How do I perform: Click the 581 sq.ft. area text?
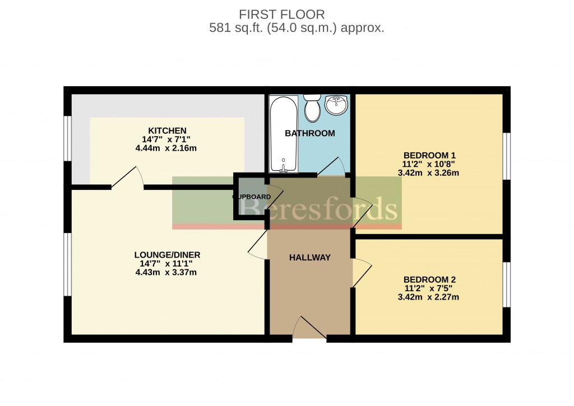point(297,28)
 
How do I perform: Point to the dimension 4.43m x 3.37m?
point(166,273)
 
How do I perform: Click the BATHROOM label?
point(309,133)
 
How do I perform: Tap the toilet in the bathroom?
point(312,108)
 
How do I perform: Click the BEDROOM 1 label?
point(429,155)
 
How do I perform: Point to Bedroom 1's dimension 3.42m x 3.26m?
point(429,173)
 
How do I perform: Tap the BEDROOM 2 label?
point(429,279)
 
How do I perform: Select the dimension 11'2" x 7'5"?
point(429,288)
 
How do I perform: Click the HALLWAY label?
point(309,258)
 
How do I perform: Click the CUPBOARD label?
point(252,197)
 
